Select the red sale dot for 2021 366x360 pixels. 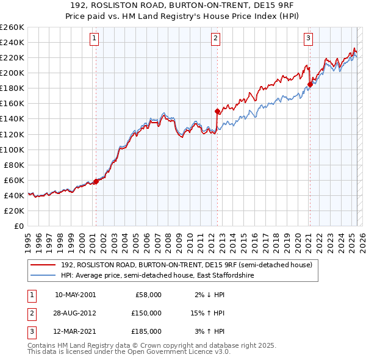tap(309, 84)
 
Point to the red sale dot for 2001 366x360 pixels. tap(96, 181)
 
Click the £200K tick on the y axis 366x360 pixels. tap(13, 73)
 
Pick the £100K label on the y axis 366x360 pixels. tap(13, 149)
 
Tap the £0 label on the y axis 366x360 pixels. tap(19, 226)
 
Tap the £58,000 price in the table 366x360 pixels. tap(148, 295)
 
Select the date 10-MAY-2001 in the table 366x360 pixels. tap(76, 295)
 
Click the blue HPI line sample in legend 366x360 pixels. tap(43, 276)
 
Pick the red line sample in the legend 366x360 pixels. tap(43, 265)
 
